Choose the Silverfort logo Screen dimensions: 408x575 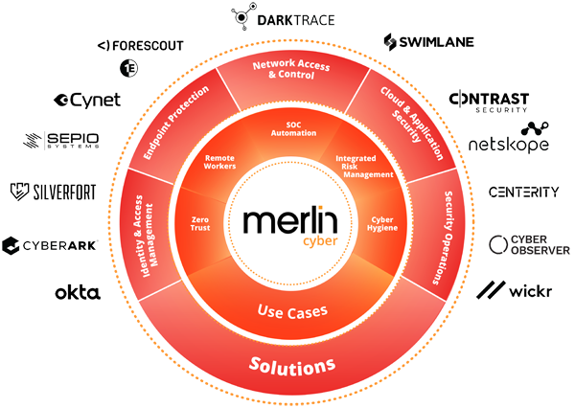tap(54, 192)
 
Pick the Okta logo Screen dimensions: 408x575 tap(81, 290)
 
